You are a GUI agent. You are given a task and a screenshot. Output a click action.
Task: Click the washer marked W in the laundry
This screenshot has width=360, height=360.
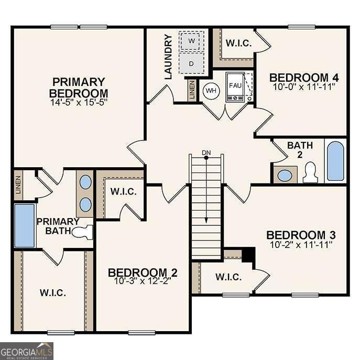[191, 41]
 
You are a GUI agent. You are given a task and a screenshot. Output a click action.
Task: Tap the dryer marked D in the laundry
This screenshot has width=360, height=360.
[191, 63]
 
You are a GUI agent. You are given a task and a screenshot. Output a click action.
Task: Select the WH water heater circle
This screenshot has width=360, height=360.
[211, 91]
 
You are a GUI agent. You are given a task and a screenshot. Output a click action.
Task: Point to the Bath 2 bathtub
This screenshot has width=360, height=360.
[335, 160]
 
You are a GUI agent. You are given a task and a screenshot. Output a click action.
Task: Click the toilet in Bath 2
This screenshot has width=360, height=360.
[310, 172]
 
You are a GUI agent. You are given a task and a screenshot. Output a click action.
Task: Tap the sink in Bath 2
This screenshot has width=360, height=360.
[285, 175]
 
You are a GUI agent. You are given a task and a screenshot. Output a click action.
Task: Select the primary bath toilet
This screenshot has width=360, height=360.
[84, 231]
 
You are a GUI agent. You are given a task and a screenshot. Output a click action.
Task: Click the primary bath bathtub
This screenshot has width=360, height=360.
[24, 226]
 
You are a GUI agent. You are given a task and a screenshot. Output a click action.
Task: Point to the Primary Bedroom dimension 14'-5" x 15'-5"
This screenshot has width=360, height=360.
[79, 104]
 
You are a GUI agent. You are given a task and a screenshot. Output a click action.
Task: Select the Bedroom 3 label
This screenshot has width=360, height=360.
[301, 235]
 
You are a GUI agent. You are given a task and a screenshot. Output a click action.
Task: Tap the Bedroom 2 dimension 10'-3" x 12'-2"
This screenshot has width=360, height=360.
[143, 280]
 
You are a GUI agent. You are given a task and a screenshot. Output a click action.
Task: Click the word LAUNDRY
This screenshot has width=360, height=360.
[168, 57]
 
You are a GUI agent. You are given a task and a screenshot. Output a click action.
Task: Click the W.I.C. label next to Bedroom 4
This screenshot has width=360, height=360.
[238, 43]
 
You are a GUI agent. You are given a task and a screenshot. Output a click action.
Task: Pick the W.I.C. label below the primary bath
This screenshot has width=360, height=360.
[53, 292]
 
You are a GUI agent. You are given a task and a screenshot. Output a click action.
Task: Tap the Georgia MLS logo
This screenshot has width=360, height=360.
[26, 351]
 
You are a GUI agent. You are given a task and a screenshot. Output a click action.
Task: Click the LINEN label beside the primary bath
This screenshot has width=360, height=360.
[17, 185]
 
